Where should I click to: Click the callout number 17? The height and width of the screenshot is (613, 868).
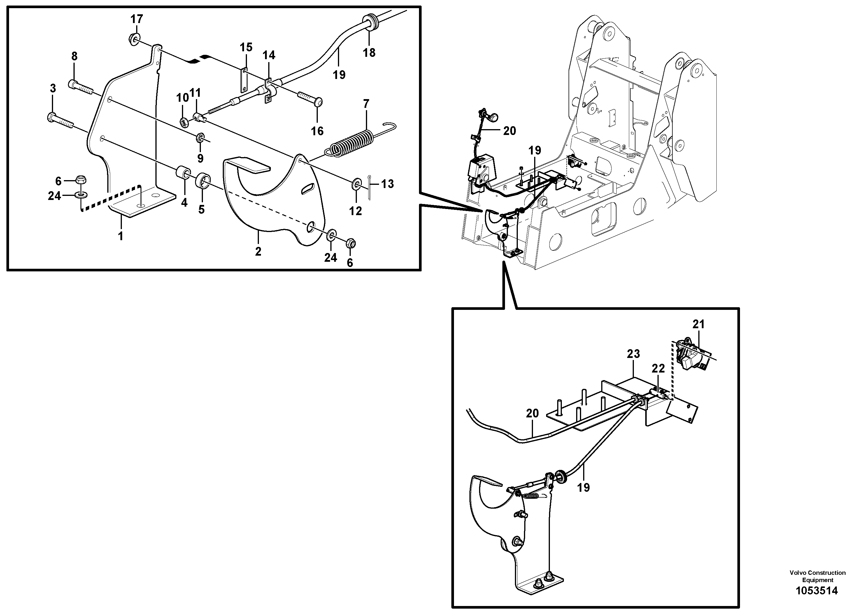pos(137,19)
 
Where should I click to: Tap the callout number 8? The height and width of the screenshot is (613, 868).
pos(74,56)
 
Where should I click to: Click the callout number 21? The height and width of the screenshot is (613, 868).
pos(699,324)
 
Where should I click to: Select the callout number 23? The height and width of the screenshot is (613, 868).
pos(633,354)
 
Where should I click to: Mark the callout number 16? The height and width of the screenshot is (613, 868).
pos(317,131)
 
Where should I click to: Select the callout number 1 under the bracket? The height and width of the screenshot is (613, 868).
pos(121,237)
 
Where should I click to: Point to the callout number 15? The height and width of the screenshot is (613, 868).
pos(246,47)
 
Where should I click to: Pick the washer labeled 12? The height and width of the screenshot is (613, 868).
pos(356,185)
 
